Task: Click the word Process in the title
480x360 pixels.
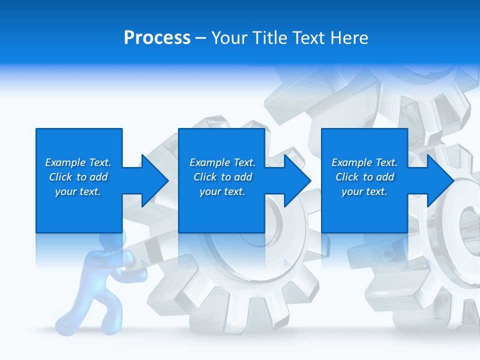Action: pyautogui.click(x=157, y=38)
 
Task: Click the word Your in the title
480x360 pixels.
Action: pyautogui.click(x=229, y=38)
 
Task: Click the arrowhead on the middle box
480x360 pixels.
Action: pyautogui.click(x=296, y=180)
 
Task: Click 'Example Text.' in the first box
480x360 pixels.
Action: pyautogui.click(x=78, y=162)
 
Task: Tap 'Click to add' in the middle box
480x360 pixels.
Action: pyautogui.click(x=222, y=177)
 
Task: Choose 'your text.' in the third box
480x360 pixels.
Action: pyautogui.click(x=364, y=191)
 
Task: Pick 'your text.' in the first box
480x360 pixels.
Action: pyautogui.click(x=78, y=191)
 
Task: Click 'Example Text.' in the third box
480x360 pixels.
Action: pyautogui.click(x=364, y=162)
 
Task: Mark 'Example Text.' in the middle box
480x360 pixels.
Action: pyautogui.click(x=222, y=162)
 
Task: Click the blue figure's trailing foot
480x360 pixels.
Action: pyautogui.click(x=65, y=320)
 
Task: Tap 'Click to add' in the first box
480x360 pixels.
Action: pyautogui.click(x=78, y=177)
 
